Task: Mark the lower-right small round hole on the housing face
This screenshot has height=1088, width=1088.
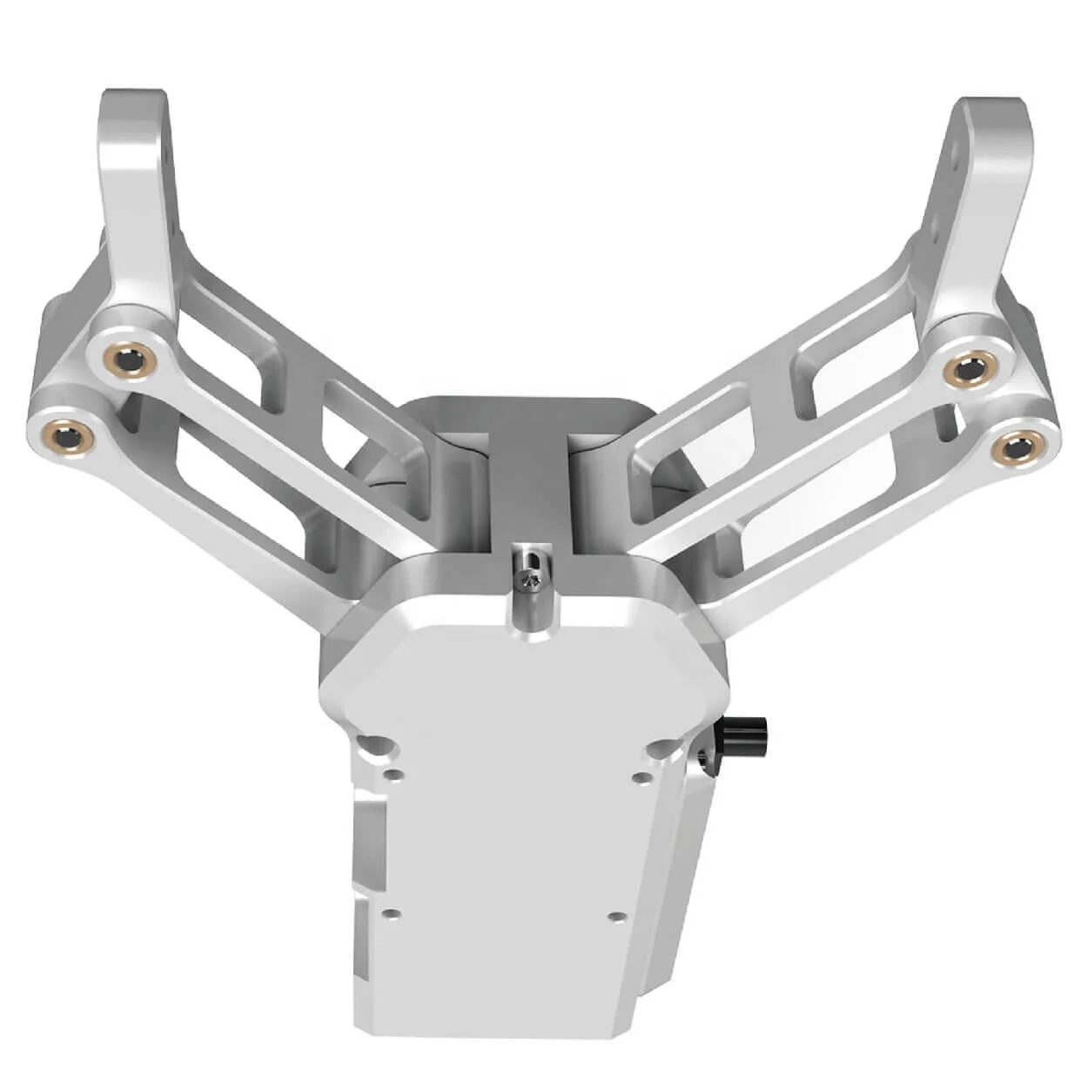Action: click(x=616, y=917)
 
